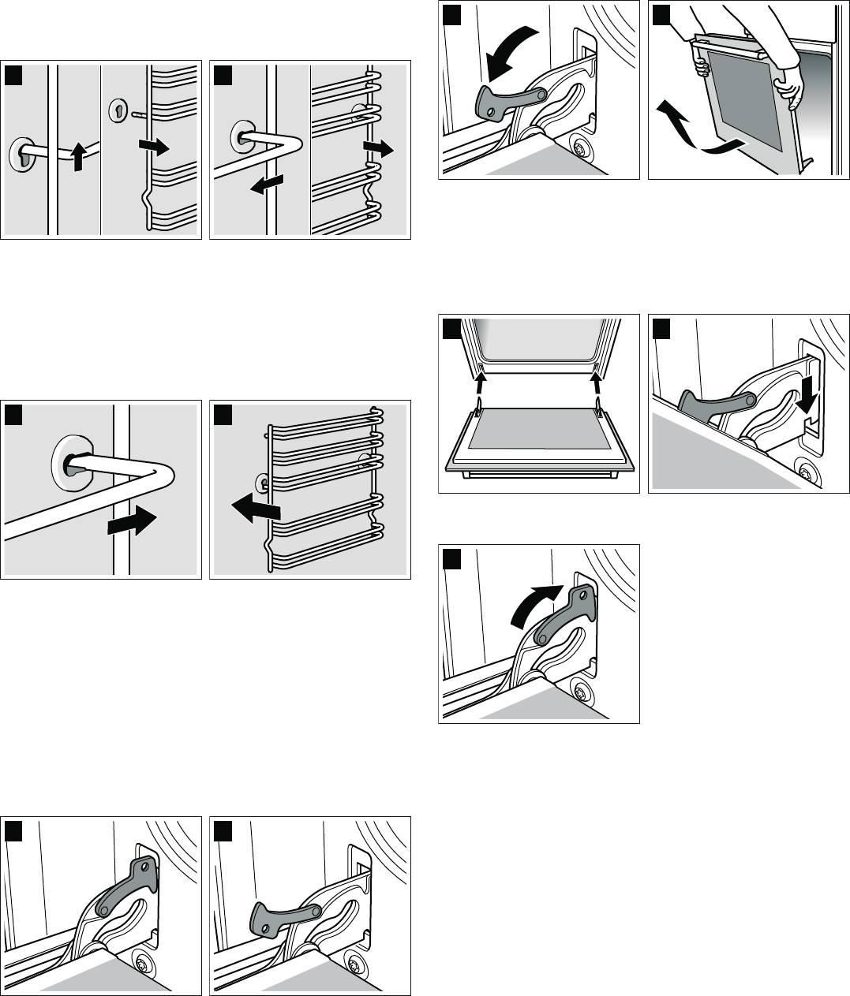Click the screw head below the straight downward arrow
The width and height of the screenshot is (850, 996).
pyautogui.click(x=805, y=474)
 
